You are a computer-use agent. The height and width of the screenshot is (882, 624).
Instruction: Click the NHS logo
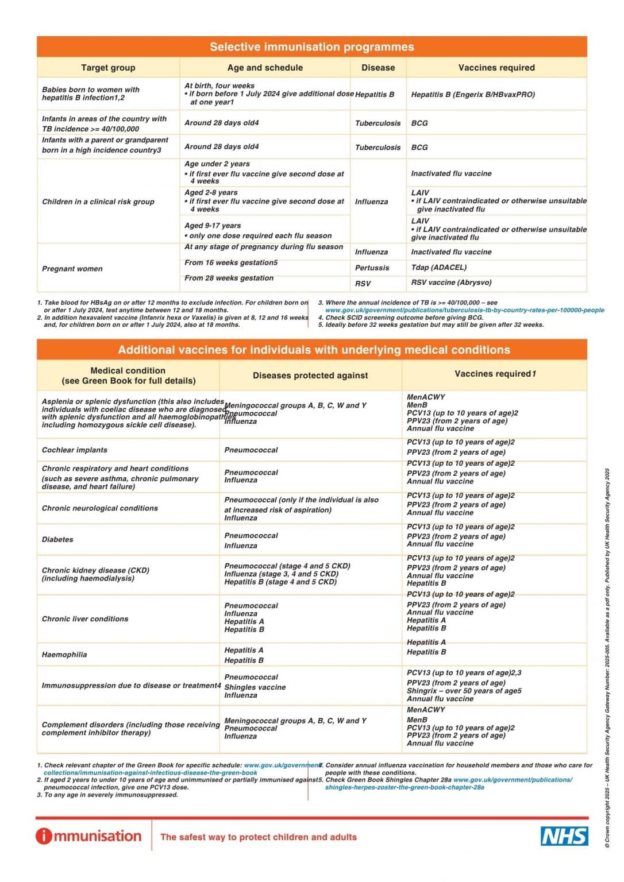click(564, 836)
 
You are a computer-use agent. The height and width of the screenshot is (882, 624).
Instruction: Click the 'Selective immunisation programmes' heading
click(311, 47)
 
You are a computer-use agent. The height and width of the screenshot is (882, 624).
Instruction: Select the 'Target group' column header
click(108, 68)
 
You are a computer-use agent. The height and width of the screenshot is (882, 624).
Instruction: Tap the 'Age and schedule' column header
click(265, 68)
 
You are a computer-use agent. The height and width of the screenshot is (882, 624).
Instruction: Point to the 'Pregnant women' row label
click(72, 269)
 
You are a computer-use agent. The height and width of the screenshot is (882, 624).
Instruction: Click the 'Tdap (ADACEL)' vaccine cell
click(439, 268)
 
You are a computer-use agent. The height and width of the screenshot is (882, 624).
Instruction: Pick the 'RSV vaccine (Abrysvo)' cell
click(451, 283)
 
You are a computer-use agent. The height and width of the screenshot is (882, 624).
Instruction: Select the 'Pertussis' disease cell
click(372, 268)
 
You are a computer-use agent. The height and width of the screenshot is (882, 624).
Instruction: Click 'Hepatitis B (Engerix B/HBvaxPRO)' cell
click(473, 95)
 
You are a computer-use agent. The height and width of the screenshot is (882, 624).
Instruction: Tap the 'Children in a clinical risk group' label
click(98, 202)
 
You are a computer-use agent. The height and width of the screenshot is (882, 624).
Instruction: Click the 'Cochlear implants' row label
click(75, 450)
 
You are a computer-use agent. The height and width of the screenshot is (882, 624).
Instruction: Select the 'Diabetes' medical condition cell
click(57, 540)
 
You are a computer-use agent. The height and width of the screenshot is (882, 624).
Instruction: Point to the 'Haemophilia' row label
click(64, 655)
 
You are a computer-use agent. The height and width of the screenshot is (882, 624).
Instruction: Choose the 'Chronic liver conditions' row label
click(85, 619)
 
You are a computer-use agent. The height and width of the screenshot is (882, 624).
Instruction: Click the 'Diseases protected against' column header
click(310, 376)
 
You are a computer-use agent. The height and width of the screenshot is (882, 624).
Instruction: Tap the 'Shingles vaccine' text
click(255, 687)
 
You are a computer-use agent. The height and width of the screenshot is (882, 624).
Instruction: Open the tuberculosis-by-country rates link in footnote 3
click(464, 310)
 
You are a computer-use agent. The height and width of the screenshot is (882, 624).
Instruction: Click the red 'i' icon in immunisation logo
click(44, 836)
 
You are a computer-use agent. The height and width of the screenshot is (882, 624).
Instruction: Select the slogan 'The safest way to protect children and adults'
click(259, 837)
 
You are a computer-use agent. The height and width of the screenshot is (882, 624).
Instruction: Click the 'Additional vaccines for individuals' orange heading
click(314, 350)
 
